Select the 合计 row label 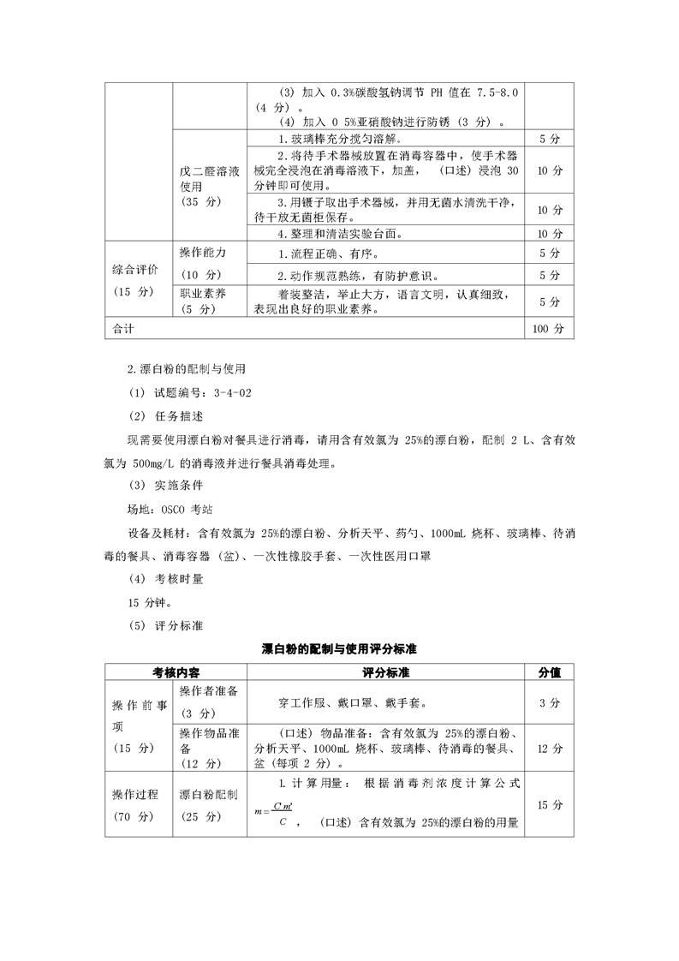point(125,328)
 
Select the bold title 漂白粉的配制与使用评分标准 point(339,649)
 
